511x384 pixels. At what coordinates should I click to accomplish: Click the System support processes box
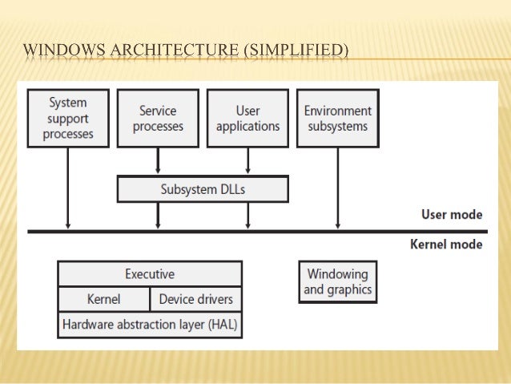[68, 118]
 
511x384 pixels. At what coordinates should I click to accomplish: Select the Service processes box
[158, 118]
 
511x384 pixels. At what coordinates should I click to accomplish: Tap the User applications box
[247, 118]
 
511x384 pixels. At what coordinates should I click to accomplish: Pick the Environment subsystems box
[337, 118]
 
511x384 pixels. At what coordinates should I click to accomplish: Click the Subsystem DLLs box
[203, 190]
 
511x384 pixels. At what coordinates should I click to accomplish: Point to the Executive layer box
[150, 274]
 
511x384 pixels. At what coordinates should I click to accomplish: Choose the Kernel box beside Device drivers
[103, 299]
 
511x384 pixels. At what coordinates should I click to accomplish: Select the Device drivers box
[195, 299]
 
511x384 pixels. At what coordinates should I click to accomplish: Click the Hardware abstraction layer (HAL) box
[150, 325]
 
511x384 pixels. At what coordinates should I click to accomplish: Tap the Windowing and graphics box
[337, 281]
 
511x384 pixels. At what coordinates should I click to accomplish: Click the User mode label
[452, 215]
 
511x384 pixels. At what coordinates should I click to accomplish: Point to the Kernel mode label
[446, 244]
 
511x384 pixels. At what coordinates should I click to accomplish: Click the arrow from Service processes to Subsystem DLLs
[158, 161]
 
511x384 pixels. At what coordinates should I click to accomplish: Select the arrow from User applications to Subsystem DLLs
[247, 161]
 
